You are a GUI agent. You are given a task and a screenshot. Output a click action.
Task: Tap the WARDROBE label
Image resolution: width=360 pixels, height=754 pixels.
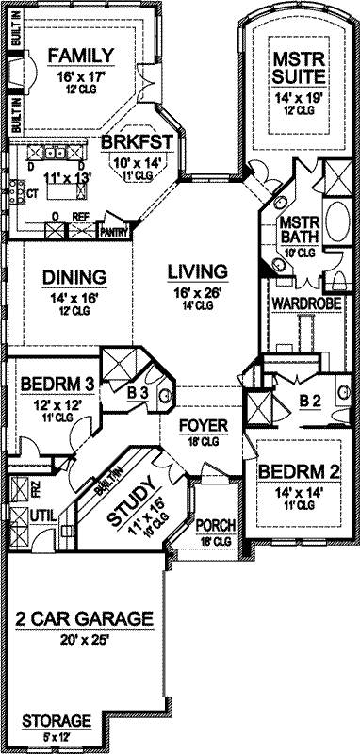tap(299, 303)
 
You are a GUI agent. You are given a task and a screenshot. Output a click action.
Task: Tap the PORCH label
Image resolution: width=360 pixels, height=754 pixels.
tap(218, 525)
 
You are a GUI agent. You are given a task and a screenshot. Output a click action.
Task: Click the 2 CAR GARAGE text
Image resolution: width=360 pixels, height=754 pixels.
tap(84, 619)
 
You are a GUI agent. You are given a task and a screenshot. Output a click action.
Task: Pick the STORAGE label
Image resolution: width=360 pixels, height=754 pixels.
tap(57, 719)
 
